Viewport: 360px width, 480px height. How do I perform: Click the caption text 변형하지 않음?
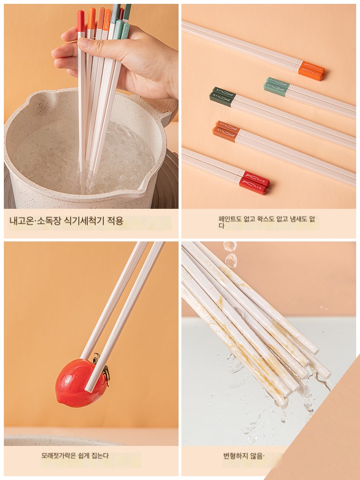(x=243, y=456)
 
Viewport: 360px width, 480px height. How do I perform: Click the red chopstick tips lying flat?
(x=254, y=183)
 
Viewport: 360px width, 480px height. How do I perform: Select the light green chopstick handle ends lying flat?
(x=276, y=86)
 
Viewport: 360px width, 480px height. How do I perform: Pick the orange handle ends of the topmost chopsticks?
(x=312, y=71)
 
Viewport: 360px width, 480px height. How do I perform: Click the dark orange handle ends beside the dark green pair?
(x=226, y=132)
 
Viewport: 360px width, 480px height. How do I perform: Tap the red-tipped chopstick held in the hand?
(x=81, y=92)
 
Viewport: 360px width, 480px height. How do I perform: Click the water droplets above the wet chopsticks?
(x=230, y=254)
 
